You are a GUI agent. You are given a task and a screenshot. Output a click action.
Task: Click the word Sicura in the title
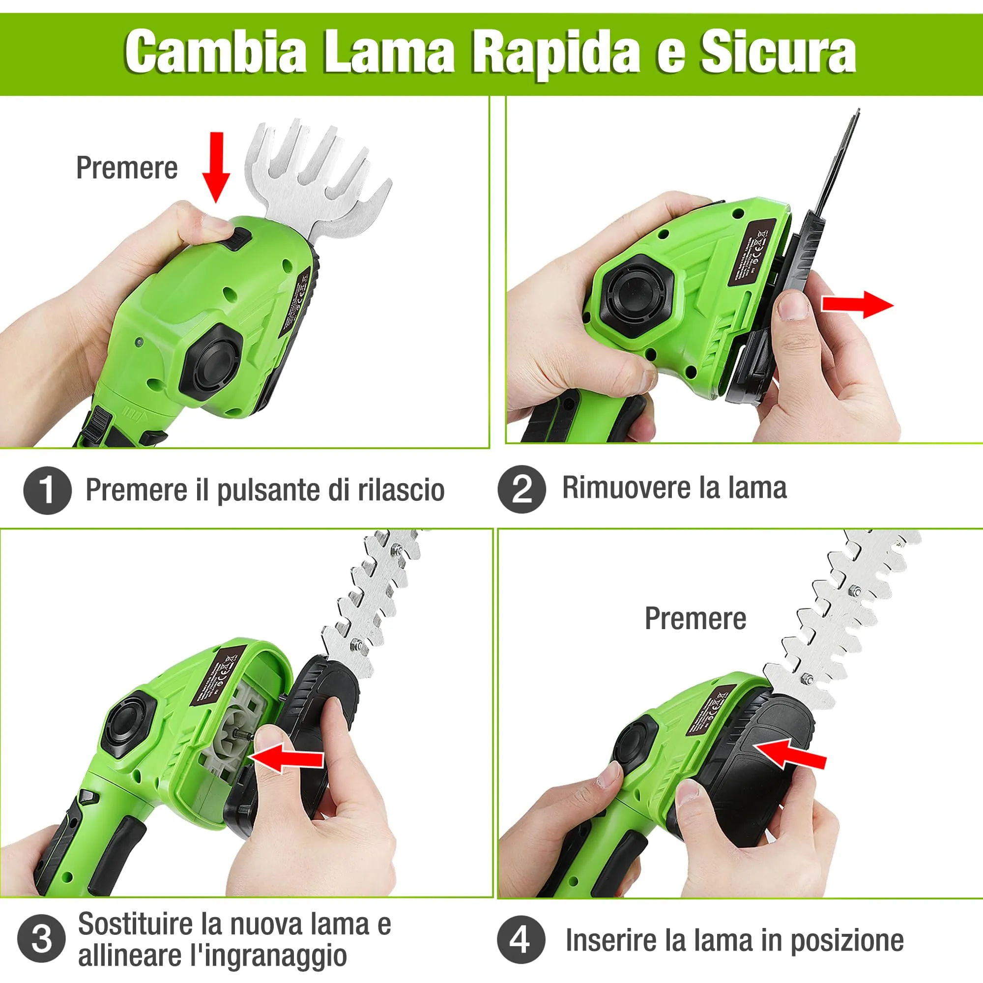778,53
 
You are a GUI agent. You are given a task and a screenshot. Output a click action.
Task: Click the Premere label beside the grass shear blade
127,168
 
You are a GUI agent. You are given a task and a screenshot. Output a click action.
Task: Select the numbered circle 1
47,490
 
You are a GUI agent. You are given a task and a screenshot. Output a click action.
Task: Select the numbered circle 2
521,489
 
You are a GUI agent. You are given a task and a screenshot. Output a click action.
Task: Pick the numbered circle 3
41,939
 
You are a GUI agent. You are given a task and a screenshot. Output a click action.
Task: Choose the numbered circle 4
520,939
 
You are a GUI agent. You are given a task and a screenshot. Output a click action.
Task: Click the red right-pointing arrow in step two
857,305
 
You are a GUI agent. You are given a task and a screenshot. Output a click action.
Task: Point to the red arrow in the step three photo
288,757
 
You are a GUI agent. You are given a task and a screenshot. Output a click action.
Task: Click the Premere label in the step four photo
695,619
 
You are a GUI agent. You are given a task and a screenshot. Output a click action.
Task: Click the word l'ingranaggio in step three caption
268,956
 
